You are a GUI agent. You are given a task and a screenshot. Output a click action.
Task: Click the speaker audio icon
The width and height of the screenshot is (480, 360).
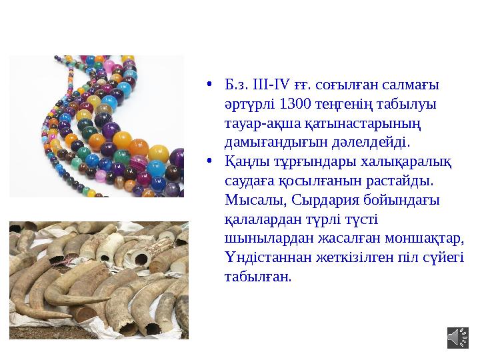point(457,337)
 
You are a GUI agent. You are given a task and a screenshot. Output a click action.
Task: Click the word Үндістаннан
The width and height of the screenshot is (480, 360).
point(258,257)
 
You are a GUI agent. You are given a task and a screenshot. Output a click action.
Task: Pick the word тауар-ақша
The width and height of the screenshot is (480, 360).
point(256,123)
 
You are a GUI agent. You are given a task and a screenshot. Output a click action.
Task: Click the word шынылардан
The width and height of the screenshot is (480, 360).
point(261,238)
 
